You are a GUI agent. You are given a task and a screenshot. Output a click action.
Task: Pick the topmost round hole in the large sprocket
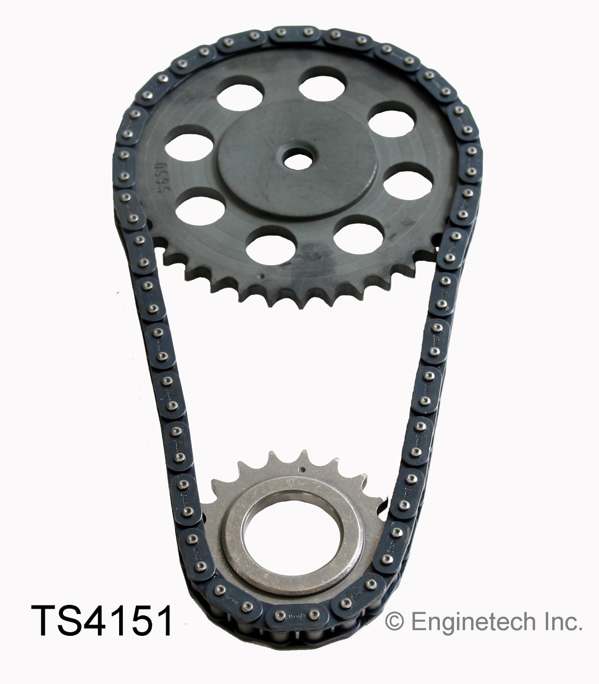[321, 85]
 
